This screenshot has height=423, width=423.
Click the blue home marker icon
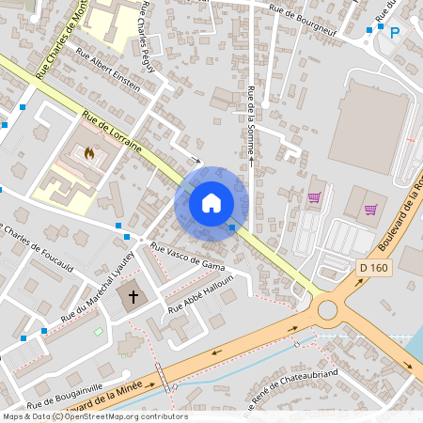pos(211,202)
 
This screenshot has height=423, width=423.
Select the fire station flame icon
pos(90,152)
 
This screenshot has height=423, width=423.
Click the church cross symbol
pos(133,298)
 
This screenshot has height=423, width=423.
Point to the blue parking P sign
pos(395,32)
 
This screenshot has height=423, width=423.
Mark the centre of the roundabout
pos(327,307)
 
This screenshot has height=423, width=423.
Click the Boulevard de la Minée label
pos(122,387)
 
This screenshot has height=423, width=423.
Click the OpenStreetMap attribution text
pos(95,416)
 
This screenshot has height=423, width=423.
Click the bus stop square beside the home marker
pos(231,227)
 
